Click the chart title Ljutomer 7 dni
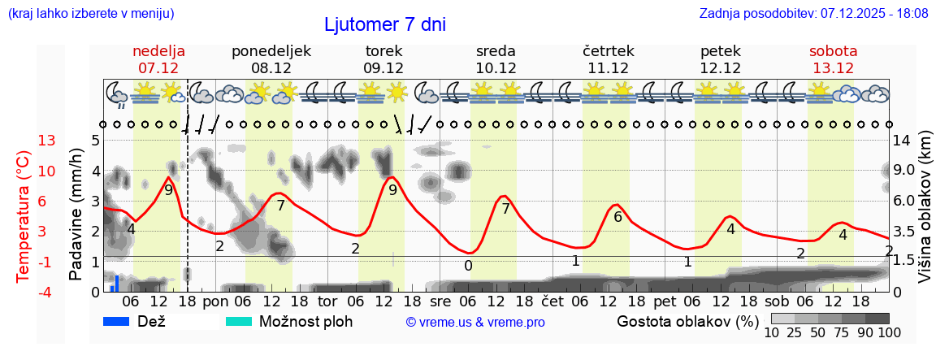[384, 24]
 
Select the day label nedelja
[158, 50]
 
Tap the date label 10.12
[496, 68]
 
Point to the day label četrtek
[608, 50]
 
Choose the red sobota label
[833, 50]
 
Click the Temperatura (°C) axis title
[24, 216]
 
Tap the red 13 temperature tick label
[24, 141]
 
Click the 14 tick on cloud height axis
[903, 141]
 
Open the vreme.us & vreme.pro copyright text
[475, 322]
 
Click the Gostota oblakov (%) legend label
[687, 321]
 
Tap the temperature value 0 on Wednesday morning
[468, 265]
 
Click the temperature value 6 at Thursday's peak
[617, 216]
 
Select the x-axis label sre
[440, 301]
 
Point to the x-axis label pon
[215, 301]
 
